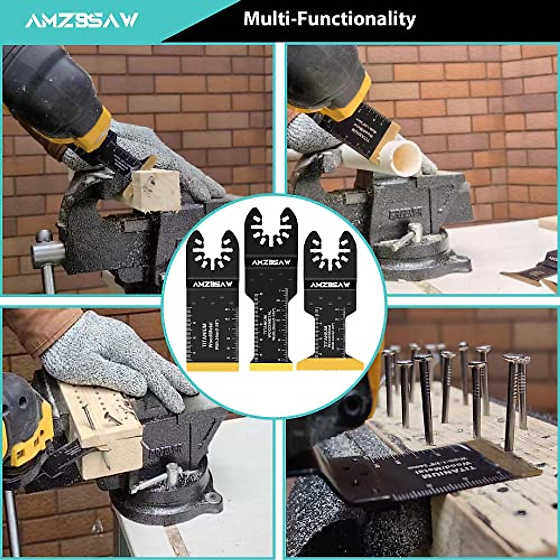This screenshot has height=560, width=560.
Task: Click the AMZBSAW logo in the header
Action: [x=82, y=20]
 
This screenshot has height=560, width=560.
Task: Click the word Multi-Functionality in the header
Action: [x=329, y=19]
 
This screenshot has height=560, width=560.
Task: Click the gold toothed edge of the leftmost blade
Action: [x=212, y=367]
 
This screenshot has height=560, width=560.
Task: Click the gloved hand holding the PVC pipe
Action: [x=308, y=135]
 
